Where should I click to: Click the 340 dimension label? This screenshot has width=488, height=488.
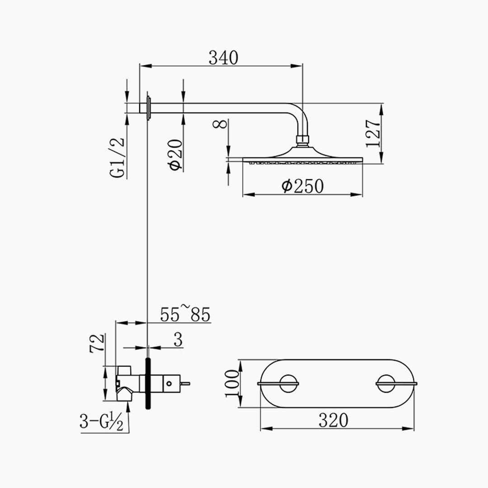pyautogui.click(x=224, y=58)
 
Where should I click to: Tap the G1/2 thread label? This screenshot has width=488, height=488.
pyautogui.click(x=117, y=158)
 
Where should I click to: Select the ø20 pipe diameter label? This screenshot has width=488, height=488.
pyautogui.click(x=175, y=155)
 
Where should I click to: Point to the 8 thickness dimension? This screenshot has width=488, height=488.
pyautogui.click(x=220, y=124)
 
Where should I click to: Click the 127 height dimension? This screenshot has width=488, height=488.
pyautogui.click(x=373, y=133)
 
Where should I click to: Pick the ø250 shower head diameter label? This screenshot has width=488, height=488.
pyautogui.click(x=302, y=186)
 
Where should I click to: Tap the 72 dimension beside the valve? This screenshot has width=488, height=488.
pyautogui.click(x=97, y=343)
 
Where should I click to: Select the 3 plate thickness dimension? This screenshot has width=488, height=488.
pyautogui.click(x=178, y=339)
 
